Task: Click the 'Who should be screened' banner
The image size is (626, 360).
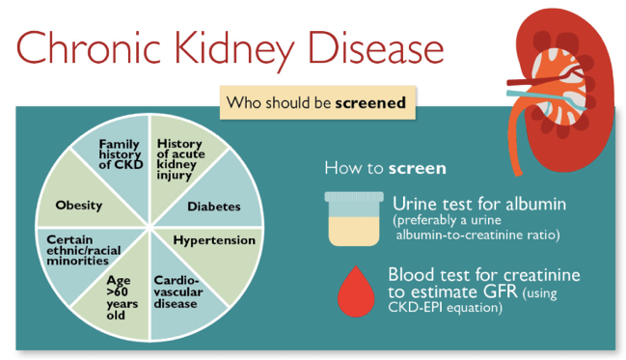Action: point(314,101)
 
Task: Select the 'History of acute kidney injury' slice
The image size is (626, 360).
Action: point(179,157)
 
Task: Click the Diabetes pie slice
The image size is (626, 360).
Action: point(213,206)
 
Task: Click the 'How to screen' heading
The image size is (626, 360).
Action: point(385,169)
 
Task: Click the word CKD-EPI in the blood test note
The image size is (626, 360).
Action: point(421,309)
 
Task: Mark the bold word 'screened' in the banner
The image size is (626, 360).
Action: point(369,101)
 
